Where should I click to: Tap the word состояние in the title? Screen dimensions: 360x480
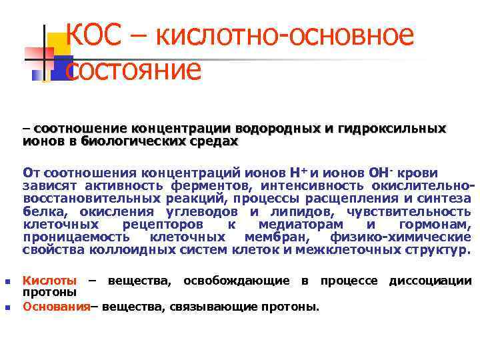pos(133,70)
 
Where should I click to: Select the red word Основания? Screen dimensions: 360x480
pos(56,307)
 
